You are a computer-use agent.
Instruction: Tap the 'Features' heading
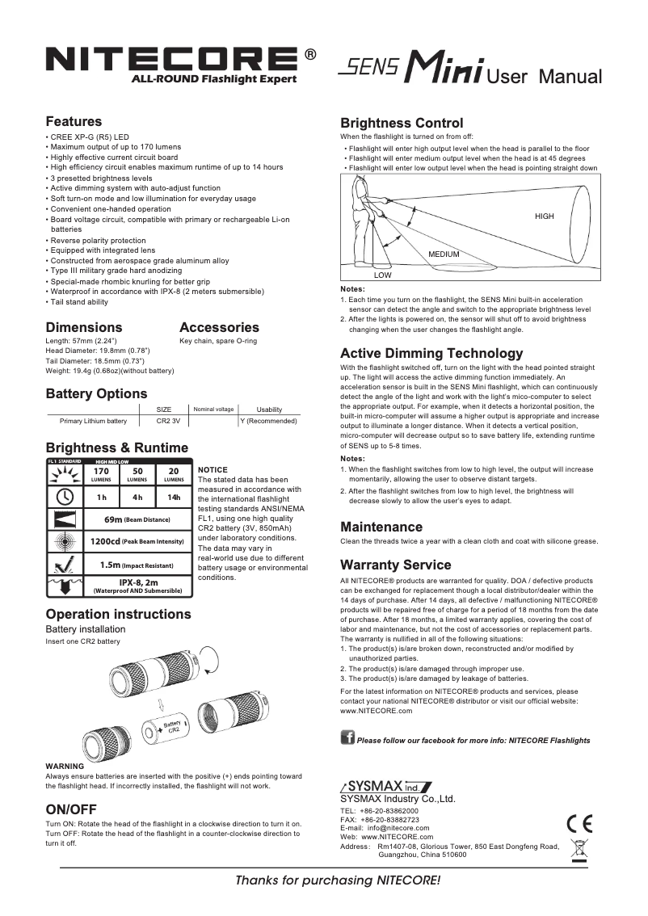74,122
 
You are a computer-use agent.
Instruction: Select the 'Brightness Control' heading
402,124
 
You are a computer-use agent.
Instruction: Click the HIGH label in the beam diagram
544,216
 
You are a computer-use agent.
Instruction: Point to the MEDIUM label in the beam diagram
444,254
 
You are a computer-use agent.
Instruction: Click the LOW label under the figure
383,275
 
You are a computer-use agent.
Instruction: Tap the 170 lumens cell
101,474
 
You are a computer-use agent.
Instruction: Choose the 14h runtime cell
173,497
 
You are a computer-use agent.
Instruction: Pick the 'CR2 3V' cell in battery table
168,421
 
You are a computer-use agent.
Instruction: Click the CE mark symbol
579,824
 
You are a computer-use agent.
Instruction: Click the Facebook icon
347,738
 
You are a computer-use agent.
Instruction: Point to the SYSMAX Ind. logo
386,787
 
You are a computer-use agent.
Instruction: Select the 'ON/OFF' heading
71,809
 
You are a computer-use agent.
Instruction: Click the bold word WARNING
65,766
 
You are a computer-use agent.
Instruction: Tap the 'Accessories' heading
219,327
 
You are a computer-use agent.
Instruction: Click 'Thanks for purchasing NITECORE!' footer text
338,880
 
